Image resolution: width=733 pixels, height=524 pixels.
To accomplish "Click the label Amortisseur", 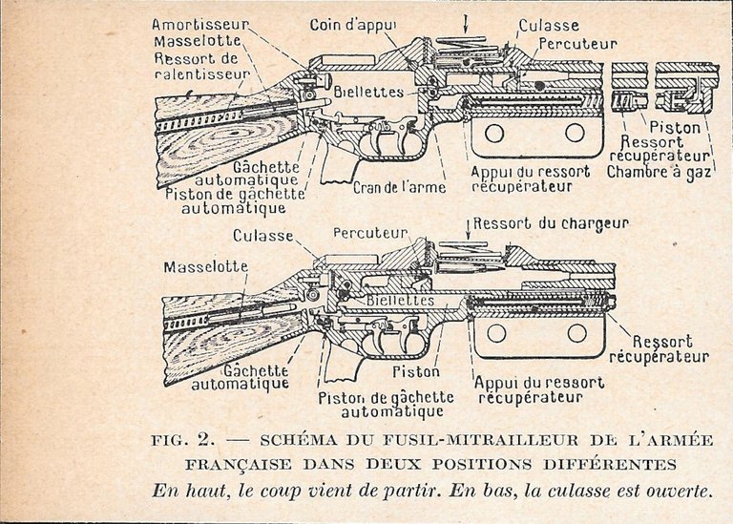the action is click(x=200, y=24).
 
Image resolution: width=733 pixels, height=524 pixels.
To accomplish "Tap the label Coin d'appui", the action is click(x=352, y=25).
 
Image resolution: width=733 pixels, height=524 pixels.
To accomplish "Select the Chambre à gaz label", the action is click(x=659, y=172).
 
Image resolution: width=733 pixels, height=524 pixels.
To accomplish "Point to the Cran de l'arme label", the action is click(x=399, y=187).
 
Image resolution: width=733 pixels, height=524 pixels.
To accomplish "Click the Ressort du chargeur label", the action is click(x=551, y=223).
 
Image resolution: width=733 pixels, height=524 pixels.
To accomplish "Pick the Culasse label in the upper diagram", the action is click(x=549, y=25).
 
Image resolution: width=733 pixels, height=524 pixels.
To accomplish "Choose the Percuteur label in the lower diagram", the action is click(x=370, y=233).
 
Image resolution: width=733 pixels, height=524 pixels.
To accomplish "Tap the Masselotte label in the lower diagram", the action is click(x=206, y=267).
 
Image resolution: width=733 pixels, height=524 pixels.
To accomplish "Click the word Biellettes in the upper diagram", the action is click(x=368, y=92).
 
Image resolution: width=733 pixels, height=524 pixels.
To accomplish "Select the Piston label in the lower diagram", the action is click(x=416, y=372).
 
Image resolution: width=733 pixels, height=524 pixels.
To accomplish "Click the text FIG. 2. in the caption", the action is click(x=183, y=440).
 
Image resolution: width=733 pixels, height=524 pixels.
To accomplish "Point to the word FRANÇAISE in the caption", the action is click(x=239, y=465).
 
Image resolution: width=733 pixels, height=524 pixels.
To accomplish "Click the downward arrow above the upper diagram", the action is click(x=466, y=24).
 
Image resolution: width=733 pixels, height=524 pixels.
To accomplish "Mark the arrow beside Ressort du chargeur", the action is click(x=469, y=229).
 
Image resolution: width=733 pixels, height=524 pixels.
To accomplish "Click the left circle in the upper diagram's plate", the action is click(x=493, y=133).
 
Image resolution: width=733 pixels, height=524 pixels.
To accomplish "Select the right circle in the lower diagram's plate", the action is click(x=576, y=333).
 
